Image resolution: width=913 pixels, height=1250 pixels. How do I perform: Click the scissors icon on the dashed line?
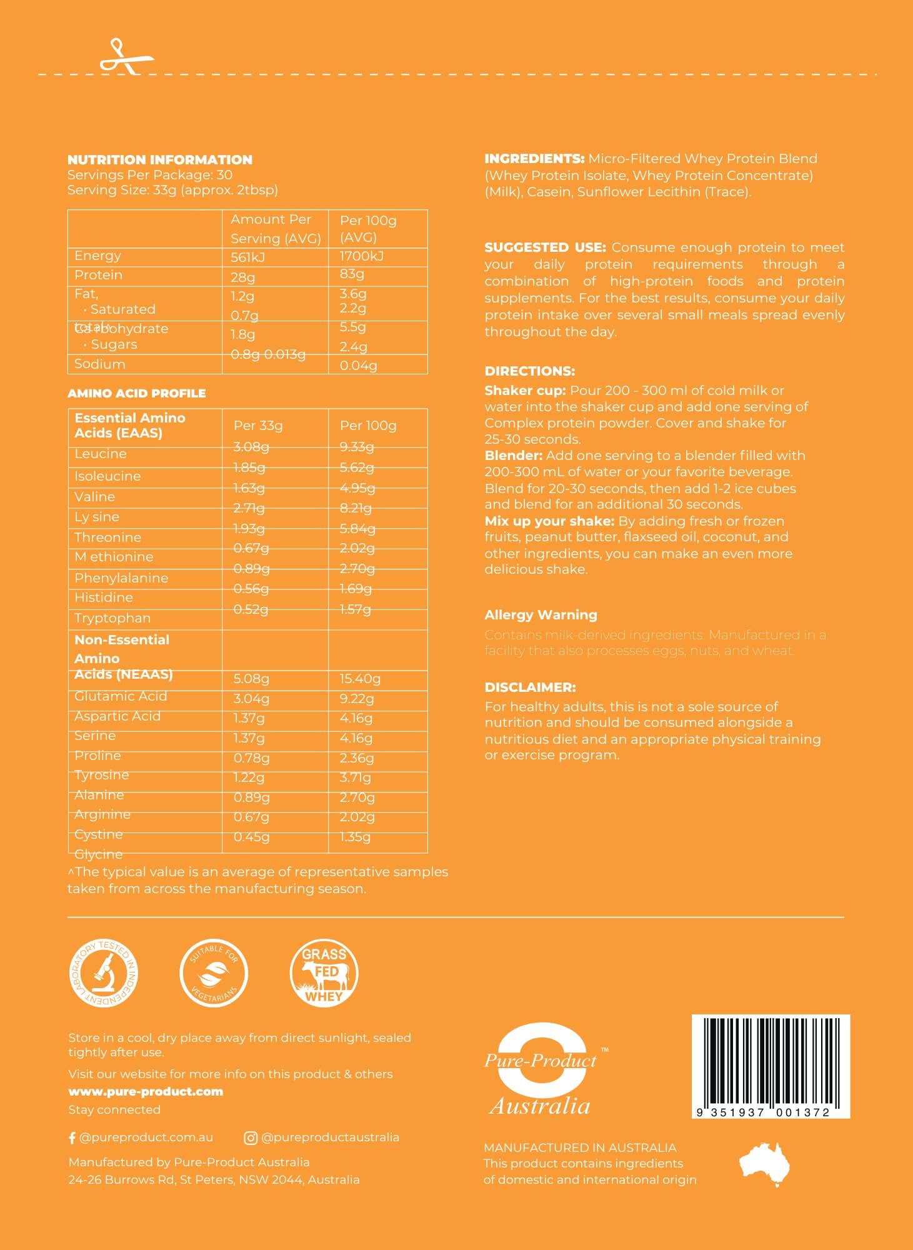(126, 57)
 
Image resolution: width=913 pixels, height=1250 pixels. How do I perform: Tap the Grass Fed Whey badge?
(324, 974)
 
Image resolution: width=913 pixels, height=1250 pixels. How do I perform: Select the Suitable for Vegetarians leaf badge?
(214, 974)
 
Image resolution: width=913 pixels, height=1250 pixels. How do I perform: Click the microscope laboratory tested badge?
(104, 974)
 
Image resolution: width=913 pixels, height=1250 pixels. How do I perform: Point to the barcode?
(770, 1065)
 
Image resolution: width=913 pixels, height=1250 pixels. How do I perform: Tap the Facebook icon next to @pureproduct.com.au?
(72, 1138)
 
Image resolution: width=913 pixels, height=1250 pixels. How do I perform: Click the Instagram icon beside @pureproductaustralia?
(250, 1138)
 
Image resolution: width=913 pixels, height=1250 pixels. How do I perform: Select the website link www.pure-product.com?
(146, 1092)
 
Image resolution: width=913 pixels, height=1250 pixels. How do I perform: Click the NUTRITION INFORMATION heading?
(160, 160)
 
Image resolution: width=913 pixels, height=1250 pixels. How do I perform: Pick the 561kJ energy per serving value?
(248, 257)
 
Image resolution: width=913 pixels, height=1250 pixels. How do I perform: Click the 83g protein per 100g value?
(352, 274)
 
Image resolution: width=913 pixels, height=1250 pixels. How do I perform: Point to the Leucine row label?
(101, 454)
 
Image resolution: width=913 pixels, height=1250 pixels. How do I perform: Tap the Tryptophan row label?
(112, 618)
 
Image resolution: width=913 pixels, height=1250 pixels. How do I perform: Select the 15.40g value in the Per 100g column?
(360, 679)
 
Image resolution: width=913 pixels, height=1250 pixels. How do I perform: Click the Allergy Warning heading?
(541, 615)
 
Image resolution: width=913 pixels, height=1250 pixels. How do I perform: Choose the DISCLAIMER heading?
(530, 687)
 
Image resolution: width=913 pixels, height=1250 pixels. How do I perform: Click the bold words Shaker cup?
(525, 391)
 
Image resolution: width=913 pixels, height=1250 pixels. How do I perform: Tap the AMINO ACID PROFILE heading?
(136, 394)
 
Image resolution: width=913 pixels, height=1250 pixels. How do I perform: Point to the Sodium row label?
(100, 364)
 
